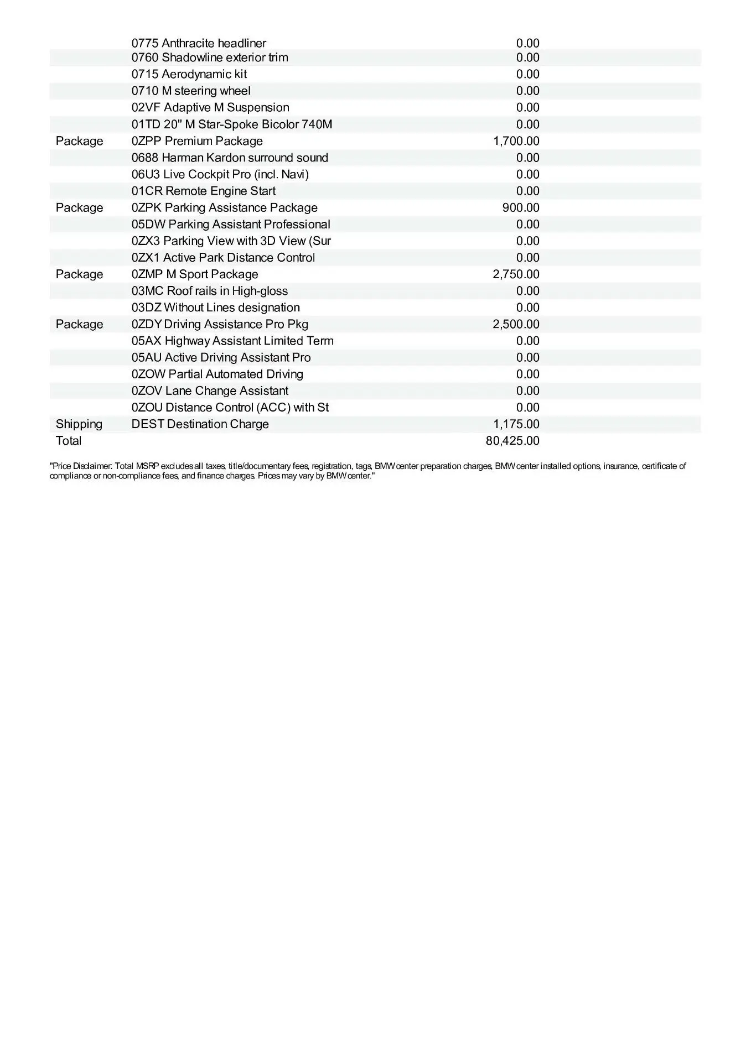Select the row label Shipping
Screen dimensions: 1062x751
coord(79,424)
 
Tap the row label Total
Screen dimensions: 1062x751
coord(69,441)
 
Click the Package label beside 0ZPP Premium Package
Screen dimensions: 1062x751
coord(79,141)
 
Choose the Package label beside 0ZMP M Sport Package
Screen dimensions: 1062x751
coord(79,274)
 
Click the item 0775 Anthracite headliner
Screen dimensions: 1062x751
coord(199,43)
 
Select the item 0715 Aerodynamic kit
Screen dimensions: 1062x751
coord(189,74)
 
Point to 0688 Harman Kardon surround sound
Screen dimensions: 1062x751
coord(230,158)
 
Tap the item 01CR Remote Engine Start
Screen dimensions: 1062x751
coord(204,191)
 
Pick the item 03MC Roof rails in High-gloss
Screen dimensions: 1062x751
coord(210,291)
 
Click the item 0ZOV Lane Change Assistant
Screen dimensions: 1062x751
coord(210,391)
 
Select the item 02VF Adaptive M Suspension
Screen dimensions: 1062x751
coord(210,107)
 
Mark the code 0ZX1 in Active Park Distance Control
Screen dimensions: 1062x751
coord(146,258)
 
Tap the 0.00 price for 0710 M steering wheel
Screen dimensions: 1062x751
coord(527,91)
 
